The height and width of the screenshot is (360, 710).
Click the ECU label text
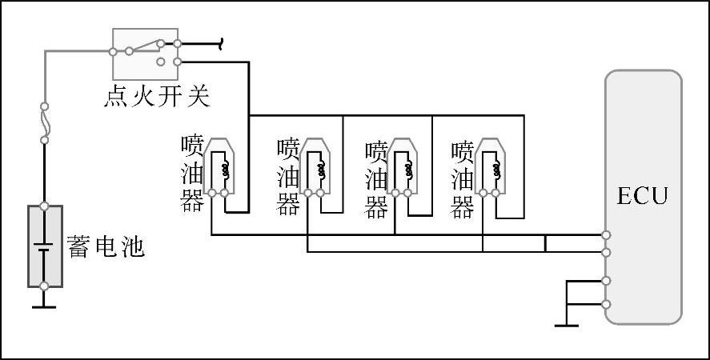pos(642,196)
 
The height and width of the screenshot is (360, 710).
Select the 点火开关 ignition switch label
pos(157,97)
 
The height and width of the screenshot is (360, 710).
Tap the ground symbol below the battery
pos(45,305)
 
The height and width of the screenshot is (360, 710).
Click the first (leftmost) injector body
pos(219,167)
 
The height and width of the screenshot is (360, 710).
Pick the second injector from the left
pos(314,167)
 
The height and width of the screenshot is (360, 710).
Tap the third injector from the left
pos(402,167)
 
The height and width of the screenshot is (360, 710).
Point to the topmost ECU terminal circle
pos(606,235)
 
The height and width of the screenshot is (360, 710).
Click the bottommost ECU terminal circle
pos(606,304)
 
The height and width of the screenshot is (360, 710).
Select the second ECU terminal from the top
pos(606,252)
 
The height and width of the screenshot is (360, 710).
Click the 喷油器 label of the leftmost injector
pos(192,173)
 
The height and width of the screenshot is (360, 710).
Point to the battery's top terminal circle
pos(45,206)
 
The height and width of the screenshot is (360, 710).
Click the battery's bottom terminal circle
pos(45,286)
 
